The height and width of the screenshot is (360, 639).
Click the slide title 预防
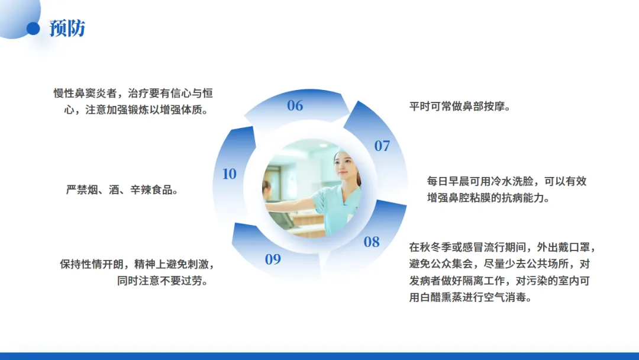[x=67, y=28]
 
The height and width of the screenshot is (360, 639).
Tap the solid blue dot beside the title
[x=33, y=28]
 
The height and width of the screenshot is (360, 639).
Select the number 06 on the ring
[x=295, y=105]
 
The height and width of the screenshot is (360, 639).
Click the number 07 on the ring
[x=382, y=146]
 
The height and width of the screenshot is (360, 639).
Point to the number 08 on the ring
[x=372, y=242]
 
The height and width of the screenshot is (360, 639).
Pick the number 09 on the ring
[x=273, y=259]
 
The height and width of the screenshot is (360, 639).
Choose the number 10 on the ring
[x=230, y=174]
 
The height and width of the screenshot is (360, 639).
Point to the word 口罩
[x=579, y=247]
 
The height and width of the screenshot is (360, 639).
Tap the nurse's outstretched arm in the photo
[x=293, y=204]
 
